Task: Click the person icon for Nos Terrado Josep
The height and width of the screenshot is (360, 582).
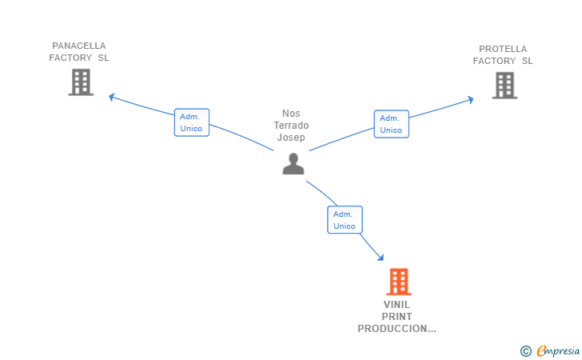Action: [293, 164]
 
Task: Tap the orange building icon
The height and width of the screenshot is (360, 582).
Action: [399, 282]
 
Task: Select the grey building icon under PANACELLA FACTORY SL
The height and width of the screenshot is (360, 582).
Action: [81, 82]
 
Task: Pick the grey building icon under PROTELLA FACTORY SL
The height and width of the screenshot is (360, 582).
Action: [504, 86]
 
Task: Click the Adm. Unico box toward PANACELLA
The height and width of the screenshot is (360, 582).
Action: [192, 122]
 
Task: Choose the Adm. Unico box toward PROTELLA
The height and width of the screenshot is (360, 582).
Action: [392, 124]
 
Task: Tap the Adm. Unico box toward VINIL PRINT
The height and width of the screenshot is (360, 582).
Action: [345, 220]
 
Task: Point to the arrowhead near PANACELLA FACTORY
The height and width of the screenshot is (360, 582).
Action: [111, 98]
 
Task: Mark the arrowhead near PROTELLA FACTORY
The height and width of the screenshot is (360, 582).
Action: [471, 99]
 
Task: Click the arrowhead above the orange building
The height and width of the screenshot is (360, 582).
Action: [381, 258]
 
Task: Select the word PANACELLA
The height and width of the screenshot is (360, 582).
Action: [79, 46]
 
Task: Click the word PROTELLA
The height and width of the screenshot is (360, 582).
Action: [503, 49]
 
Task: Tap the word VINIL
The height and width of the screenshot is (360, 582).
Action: [397, 305]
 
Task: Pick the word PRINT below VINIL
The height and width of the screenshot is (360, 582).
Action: [397, 317]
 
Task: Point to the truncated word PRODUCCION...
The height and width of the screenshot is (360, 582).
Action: [397, 329]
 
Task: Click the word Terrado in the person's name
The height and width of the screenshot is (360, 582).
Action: [291, 126]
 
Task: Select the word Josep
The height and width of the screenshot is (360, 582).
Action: [291, 138]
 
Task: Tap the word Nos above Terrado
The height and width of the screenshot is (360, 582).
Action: [291, 114]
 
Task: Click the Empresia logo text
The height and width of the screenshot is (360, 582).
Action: [558, 350]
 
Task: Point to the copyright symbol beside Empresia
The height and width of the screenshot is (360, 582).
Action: [526, 351]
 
